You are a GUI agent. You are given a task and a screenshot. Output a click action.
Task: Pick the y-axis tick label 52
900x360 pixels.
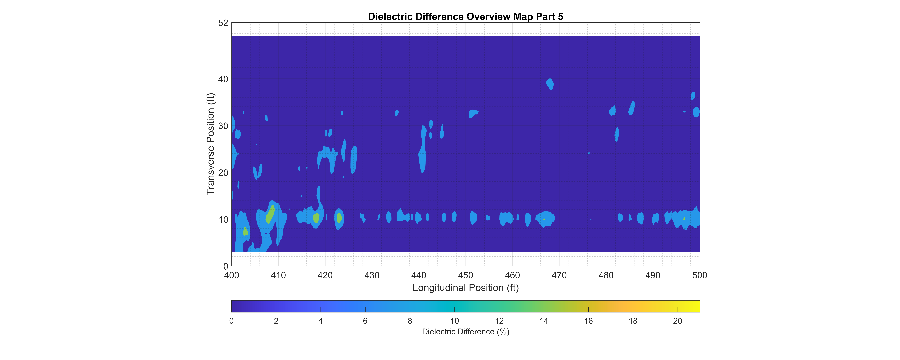click(x=223, y=23)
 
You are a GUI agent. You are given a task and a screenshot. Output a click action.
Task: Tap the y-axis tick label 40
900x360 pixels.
click(x=223, y=79)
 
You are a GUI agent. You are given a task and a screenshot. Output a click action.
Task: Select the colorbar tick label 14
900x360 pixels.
click(x=544, y=321)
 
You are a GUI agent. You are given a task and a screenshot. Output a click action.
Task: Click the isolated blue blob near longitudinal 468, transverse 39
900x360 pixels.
click(x=550, y=84)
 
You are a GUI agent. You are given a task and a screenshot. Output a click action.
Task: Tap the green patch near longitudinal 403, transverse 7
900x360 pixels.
click(x=245, y=231)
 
